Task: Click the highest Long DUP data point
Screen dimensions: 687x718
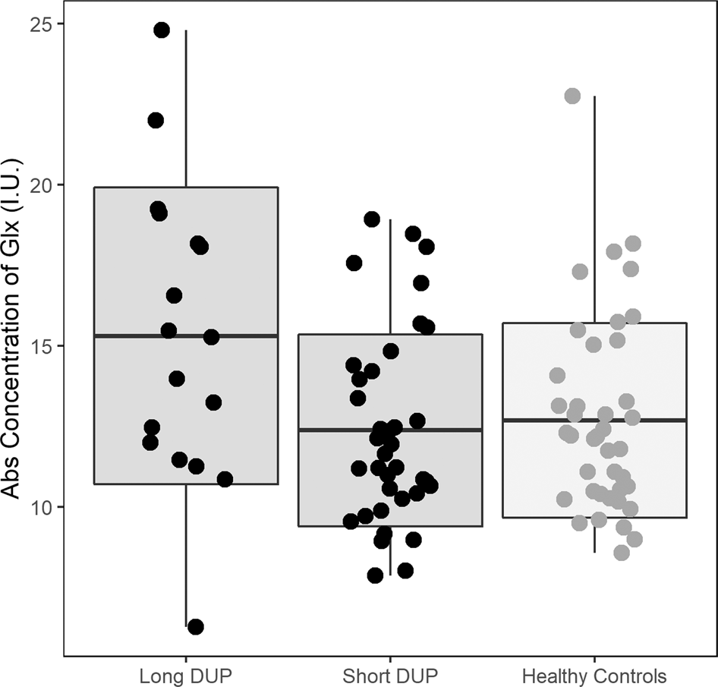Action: (162, 30)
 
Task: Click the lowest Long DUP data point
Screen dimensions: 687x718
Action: (195, 626)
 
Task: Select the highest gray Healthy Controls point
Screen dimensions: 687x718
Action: (572, 96)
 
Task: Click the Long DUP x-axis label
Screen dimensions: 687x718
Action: (186, 675)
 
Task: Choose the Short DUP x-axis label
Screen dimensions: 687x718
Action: (390, 675)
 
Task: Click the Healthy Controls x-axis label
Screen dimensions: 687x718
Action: (594, 675)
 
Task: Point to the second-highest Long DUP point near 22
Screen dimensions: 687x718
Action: (156, 120)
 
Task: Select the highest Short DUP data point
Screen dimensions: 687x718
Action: (372, 219)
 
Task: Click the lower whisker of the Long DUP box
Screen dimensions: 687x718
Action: (186, 554)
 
